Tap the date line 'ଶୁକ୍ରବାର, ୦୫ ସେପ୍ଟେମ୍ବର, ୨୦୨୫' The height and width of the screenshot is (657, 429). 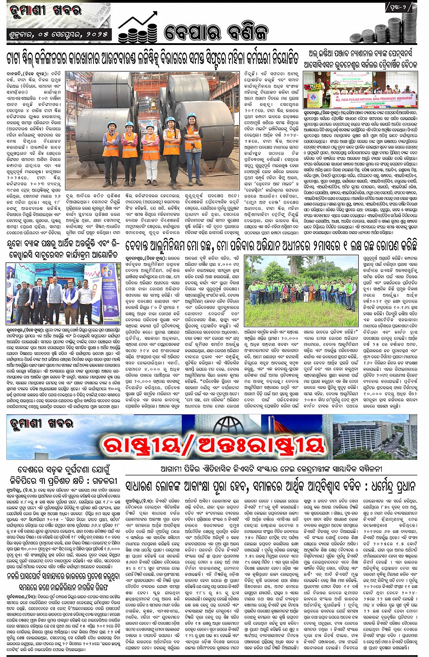tap(59, 35)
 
